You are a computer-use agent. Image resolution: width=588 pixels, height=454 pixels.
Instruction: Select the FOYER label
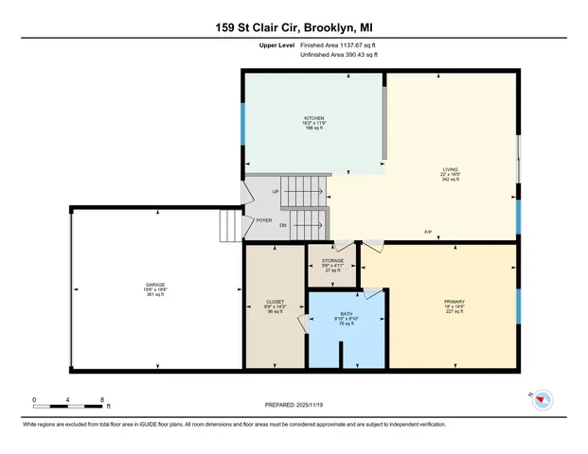pos(264,220)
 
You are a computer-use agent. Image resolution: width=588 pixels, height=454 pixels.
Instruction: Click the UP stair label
pos(276,192)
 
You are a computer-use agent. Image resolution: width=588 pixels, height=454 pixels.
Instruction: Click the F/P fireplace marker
pos(429,232)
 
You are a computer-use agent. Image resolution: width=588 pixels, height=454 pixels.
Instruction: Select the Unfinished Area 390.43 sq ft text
pos(338,56)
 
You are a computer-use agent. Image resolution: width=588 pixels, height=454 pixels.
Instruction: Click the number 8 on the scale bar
pos(101,400)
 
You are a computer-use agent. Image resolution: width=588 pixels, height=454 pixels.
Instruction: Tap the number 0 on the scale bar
pos(33,400)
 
